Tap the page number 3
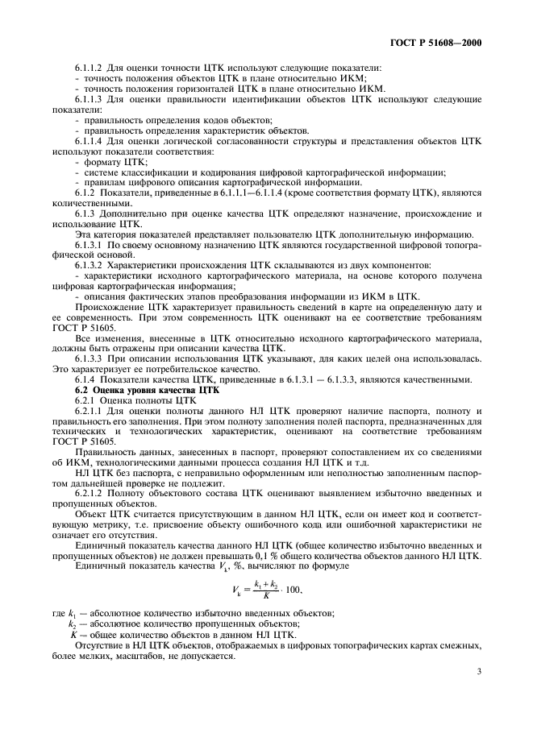(x=479, y=669)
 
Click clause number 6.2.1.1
(x=89, y=411)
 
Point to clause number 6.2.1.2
(x=89, y=495)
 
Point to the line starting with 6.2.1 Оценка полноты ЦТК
(x=130, y=400)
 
